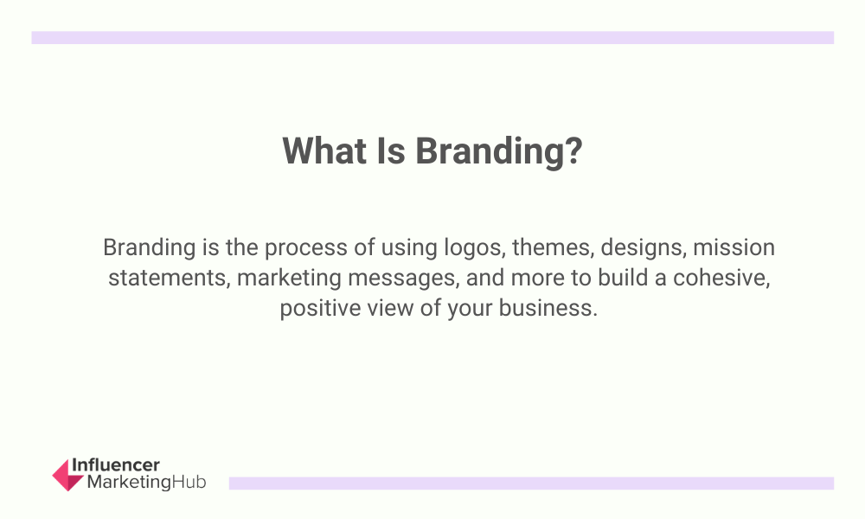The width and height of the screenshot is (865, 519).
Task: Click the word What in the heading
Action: (324, 151)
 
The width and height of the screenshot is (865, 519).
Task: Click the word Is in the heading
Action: (391, 151)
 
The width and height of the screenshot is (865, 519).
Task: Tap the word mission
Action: (734, 247)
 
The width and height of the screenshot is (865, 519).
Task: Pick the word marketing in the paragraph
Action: (289, 279)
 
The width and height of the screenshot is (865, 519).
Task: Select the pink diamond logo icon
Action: (67, 475)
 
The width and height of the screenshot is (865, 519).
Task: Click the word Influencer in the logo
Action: (116, 465)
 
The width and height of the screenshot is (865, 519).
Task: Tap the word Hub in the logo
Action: (189, 482)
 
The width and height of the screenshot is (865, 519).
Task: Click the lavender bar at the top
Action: (432, 37)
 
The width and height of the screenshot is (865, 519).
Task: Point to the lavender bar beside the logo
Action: (531, 484)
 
